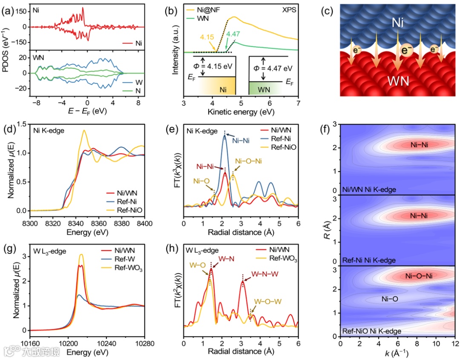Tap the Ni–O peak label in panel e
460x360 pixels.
tap(202, 181)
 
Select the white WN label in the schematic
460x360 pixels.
tap(397, 81)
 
